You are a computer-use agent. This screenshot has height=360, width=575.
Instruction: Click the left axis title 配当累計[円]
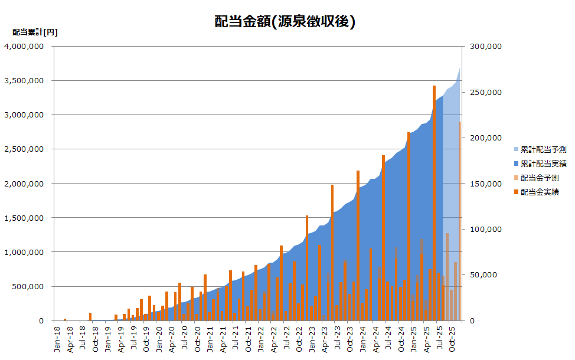click(x=35, y=32)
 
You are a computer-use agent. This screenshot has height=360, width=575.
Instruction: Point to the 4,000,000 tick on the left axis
click(x=24, y=47)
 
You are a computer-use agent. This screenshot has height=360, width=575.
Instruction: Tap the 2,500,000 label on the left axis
click(x=24, y=149)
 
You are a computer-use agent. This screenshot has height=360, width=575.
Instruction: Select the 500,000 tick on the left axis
click(x=26, y=287)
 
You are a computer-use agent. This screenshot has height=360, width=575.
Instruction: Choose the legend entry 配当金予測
click(x=540, y=178)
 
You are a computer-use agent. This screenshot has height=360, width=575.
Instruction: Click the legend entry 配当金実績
click(x=540, y=192)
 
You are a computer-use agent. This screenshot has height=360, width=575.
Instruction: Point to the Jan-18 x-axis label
click(x=57, y=338)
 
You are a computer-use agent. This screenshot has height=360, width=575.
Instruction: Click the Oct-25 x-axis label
click(x=453, y=338)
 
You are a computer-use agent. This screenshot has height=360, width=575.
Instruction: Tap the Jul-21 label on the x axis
click(x=236, y=338)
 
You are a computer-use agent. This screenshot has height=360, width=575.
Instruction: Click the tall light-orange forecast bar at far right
click(x=460, y=221)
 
